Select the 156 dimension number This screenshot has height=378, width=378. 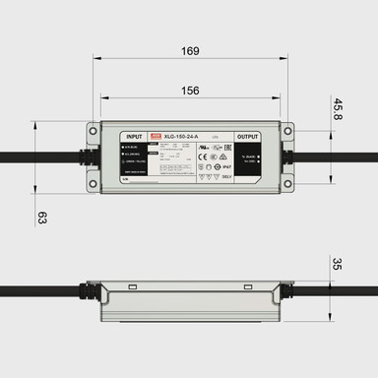click(190, 90)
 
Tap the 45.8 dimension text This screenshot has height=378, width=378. click(338, 108)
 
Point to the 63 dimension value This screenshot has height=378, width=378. click(41, 217)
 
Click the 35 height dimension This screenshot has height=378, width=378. click(338, 265)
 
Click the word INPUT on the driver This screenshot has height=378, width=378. click(135, 137)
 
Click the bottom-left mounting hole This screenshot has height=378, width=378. click(94, 183)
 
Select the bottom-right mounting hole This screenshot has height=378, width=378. click(285, 183)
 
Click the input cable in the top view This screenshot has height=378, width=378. click(39, 157)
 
